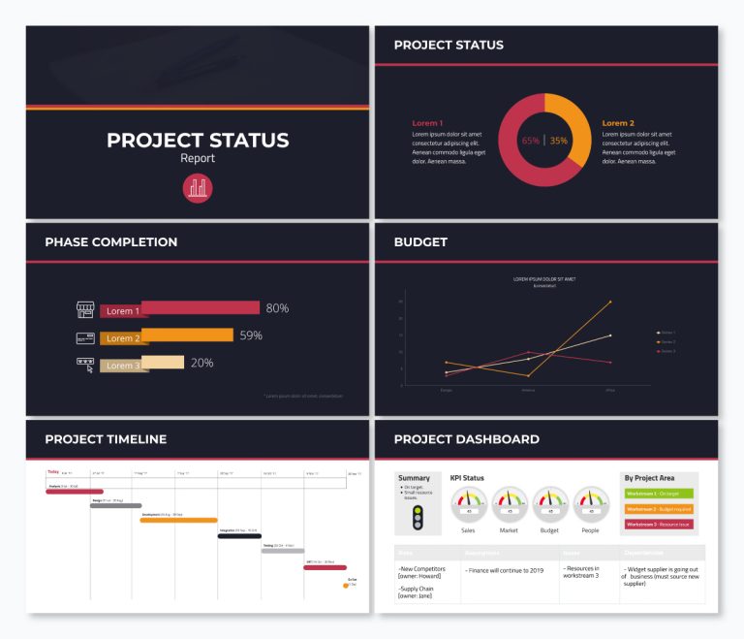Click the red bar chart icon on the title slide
click(x=198, y=188)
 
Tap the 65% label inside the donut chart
click(x=531, y=141)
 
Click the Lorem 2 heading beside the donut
click(x=618, y=123)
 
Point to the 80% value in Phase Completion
click(x=277, y=308)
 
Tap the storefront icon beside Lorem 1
click(x=85, y=310)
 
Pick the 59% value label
click(x=251, y=335)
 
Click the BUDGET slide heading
click(x=420, y=242)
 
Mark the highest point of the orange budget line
click(x=610, y=302)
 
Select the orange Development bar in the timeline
click(x=178, y=520)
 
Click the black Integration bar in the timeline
click(x=239, y=535)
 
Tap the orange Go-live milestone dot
click(x=346, y=585)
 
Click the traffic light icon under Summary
click(x=418, y=518)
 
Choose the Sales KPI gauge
click(x=469, y=505)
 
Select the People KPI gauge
click(x=591, y=505)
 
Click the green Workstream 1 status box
click(x=658, y=494)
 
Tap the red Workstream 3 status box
click(x=658, y=525)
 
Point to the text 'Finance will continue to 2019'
click(x=508, y=571)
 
